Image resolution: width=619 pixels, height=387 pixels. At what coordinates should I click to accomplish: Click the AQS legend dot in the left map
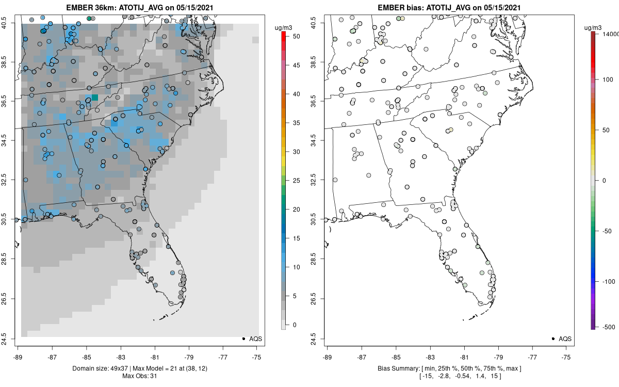click(243, 338)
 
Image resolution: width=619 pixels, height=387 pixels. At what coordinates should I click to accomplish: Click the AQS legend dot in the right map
click(552, 338)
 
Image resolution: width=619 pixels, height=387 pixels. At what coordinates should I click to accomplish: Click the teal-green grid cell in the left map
click(95, 98)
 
